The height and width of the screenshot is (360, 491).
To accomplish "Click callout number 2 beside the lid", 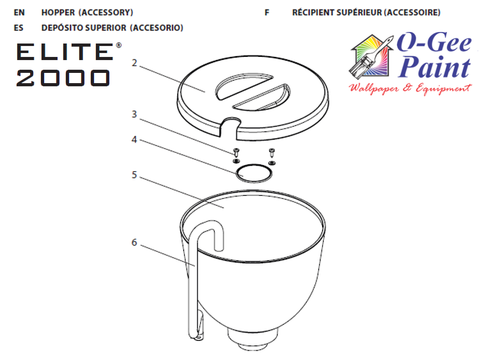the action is click(x=134, y=63).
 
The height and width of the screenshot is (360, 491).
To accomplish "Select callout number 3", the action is click(x=134, y=114).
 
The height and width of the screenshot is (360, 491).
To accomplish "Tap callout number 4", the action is click(x=134, y=139).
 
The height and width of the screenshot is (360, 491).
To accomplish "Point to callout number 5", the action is click(x=134, y=175).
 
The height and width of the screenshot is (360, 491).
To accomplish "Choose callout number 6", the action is click(x=134, y=242).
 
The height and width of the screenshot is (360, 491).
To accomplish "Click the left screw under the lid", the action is click(x=237, y=153).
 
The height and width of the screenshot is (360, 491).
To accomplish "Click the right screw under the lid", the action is click(x=272, y=153).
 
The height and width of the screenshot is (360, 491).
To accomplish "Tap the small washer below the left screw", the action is click(x=236, y=161).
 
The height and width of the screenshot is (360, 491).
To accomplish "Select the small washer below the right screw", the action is click(x=272, y=163).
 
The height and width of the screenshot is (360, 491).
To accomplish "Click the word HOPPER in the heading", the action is click(x=58, y=13).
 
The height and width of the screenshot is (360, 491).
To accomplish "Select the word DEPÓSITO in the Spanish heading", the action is click(x=63, y=27).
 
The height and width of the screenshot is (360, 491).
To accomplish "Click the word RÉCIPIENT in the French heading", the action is click(x=313, y=13).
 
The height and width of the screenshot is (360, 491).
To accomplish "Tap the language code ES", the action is click(x=19, y=28).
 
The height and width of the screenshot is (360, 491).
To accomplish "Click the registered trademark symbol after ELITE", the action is click(x=119, y=45).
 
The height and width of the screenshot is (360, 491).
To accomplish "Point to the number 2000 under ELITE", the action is click(x=63, y=78).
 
